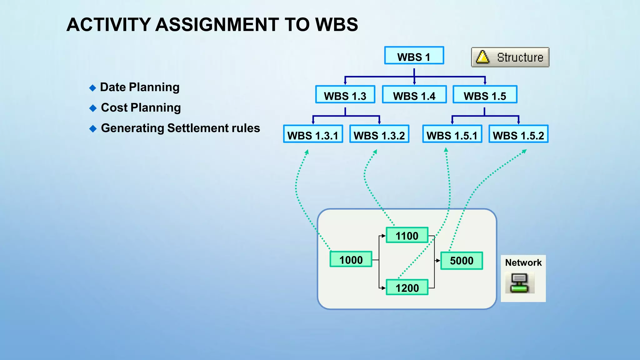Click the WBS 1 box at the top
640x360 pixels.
tap(414, 56)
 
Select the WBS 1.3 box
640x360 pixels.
tap(345, 95)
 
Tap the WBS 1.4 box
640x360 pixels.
tap(414, 95)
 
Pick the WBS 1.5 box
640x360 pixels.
tap(485, 95)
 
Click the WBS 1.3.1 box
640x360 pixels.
tap(313, 134)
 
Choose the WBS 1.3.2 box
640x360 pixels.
tap(379, 134)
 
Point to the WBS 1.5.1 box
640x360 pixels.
tap(452, 134)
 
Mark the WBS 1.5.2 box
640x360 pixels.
tap(518, 134)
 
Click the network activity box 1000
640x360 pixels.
tap(351, 259)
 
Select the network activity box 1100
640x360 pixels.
tap(407, 235)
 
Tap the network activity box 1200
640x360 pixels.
tap(407, 287)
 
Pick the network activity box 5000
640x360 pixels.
tap(462, 260)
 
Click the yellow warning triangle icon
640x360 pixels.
tap(482, 57)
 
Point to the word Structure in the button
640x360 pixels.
tap(520, 57)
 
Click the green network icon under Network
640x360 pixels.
tap(519, 283)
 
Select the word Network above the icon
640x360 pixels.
tap(523, 262)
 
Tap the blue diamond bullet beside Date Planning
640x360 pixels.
tap(92, 88)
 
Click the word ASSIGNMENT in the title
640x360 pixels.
tap(217, 25)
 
